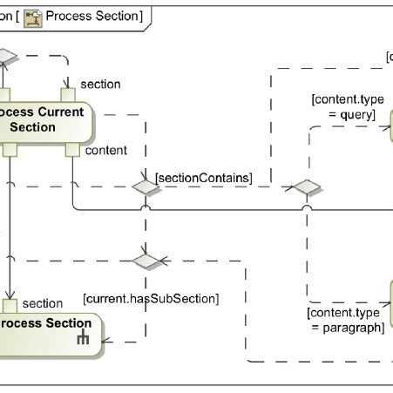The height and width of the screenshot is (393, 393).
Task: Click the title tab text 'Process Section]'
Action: (92, 16)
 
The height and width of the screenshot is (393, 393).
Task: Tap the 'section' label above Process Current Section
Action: (100, 84)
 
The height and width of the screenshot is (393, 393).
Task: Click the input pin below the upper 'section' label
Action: (67, 95)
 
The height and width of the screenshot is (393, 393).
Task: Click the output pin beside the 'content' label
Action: (72, 151)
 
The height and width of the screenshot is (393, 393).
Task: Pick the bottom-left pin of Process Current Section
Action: (10, 151)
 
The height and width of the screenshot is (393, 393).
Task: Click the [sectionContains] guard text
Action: (203, 179)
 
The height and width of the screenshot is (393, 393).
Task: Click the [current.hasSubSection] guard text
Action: (151, 298)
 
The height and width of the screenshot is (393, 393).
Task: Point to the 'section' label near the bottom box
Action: (42, 303)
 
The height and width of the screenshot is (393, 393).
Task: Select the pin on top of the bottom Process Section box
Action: (10, 305)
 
